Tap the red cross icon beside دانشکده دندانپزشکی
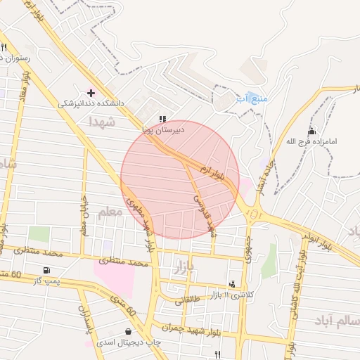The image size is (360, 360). click(x=91, y=92)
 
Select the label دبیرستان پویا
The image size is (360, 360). click(x=163, y=129)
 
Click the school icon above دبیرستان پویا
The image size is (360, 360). click(x=163, y=119)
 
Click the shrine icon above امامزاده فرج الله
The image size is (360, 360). click(x=312, y=131)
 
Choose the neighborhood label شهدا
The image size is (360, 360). click(x=101, y=122)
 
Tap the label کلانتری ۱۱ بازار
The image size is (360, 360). click(x=231, y=295)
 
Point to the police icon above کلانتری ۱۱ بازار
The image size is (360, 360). click(x=232, y=284)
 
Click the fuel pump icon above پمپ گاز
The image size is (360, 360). click(x=47, y=270)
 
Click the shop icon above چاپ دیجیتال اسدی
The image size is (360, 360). click(x=128, y=331)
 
